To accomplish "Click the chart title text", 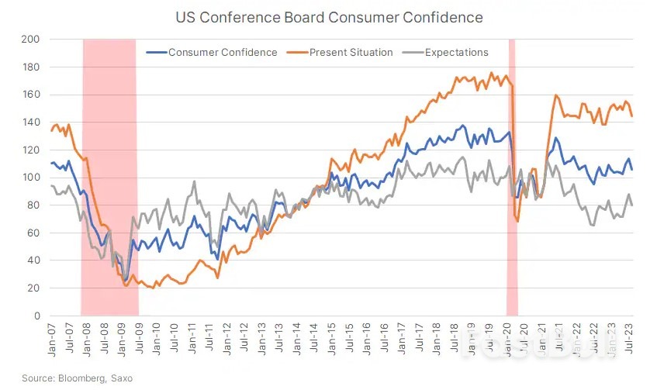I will coord(328,17).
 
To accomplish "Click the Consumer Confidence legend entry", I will coord(222,53).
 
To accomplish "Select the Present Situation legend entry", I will coord(351,53).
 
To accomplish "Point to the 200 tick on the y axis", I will coord(33,39).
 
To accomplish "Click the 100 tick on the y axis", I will coord(33,178).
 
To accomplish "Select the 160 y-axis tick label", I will coord(33,95).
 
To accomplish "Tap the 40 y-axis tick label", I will coord(35,261).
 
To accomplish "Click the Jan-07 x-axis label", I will coord(52,338).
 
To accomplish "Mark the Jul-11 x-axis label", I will coord(209,338).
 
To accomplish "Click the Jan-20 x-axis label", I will coord(508,338).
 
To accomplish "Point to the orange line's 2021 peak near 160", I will coord(556,96).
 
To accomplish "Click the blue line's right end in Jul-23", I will coord(632,169).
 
